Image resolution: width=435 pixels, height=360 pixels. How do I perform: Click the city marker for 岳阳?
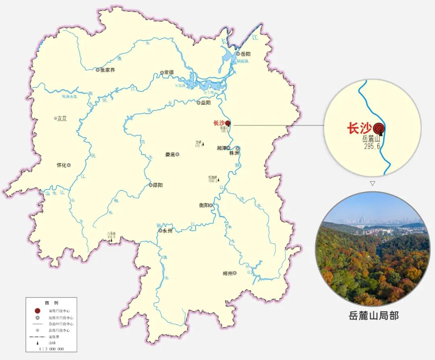tap(238, 54)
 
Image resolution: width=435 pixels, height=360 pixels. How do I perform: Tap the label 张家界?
tap(107, 70)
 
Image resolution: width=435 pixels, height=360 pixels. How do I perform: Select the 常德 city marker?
tap(162, 72)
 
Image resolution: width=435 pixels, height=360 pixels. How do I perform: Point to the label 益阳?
tap(206, 103)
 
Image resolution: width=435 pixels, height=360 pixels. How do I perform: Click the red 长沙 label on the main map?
tap(218, 123)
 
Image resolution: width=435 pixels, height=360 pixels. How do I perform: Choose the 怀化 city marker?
tap(69, 165)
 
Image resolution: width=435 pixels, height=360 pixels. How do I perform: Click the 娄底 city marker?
tap(177, 154)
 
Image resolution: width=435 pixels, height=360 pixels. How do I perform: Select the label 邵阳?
tap(158, 185)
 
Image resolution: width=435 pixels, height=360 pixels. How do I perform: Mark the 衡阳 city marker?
tap(210, 205)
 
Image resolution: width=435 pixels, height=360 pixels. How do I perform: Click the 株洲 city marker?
tap(238, 148)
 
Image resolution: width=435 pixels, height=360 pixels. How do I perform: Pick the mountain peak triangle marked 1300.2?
tap(219, 180)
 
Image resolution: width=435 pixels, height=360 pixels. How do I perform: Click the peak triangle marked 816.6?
tap(112, 240)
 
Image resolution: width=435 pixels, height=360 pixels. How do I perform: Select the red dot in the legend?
tap(37, 311)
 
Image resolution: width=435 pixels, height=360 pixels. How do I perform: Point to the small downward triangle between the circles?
tap(373, 183)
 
